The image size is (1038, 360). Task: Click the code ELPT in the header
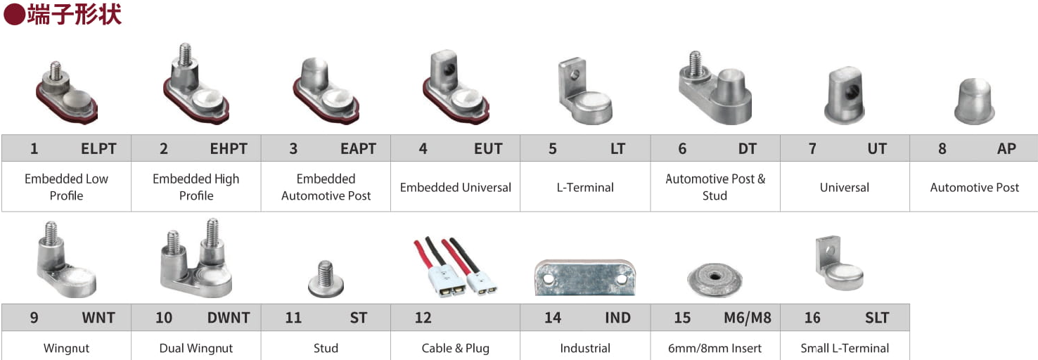point(98,149)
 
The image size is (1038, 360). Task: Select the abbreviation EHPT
point(229,149)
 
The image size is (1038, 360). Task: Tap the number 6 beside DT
point(682,149)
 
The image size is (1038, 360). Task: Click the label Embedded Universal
point(456,188)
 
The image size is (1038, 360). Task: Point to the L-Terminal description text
point(585,188)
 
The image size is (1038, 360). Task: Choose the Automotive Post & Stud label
point(715,187)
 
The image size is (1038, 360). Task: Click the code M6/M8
point(747,318)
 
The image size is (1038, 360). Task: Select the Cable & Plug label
point(456,348)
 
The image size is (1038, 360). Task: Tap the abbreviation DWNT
point(228,318)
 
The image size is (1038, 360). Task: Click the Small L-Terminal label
point(845,348)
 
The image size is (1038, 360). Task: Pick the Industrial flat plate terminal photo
point(585,277)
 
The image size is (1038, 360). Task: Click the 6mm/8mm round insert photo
point(715,279)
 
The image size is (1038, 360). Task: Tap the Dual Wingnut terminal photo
point(196,259)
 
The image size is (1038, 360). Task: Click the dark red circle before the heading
point(14,14)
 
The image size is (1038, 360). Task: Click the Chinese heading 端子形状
point(74,14)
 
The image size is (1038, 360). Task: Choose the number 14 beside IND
point(553,318)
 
